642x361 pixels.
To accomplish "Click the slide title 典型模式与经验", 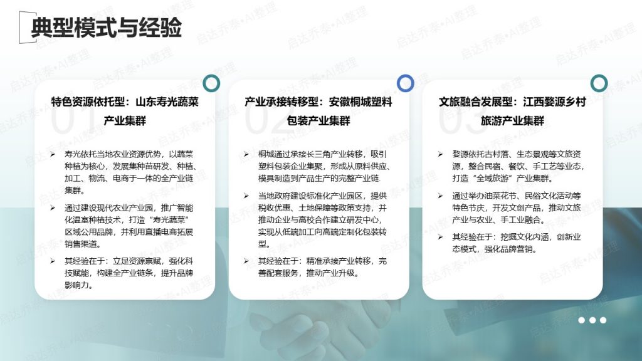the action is pyautogui.click(x=107, y=28).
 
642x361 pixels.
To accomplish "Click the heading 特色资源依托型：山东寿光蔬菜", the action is pyautogui.click(x=125, y=102).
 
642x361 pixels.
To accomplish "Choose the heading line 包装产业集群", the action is pyautogui.click(x=318, y=121).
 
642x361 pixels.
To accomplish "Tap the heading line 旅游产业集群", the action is pyautogui.click(x=512, y=121).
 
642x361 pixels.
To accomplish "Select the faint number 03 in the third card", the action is pyautogui.click(x=458, y=118).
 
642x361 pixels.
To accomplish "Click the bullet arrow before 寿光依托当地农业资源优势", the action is pyautogui.click(x=53, y=154).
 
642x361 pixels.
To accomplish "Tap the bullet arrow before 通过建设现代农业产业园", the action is pyautogui.click(x=53, y=208).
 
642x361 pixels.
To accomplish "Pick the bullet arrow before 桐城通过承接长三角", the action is pyautogui.click(x=246, y=154).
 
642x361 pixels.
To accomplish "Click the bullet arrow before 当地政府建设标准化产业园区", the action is pyautogui.click(x=246, y=196).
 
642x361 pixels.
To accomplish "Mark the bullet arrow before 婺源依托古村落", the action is pyautogui.click(x=440, y=154).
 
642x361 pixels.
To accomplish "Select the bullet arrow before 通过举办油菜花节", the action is pyautogui.click(x=440, y=196).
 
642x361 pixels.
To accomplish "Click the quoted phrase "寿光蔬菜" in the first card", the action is pyautogui.click(x=169, y=220).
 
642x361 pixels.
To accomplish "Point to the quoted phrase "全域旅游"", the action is pyautogui.click(x=494, y=179).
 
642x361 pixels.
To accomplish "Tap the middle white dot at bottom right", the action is pyautogui.click(x=592, y=320).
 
